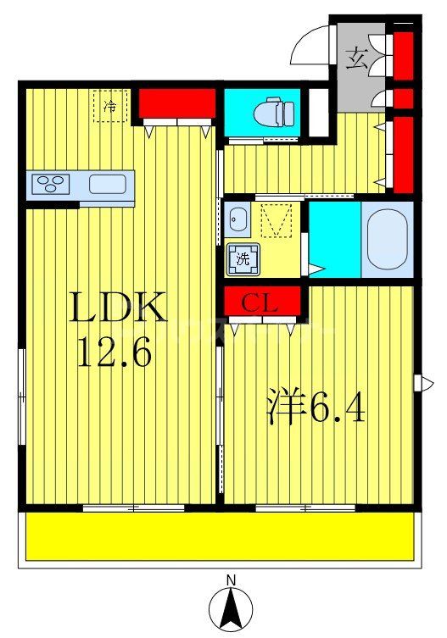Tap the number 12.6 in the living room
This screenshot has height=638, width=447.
point(114,352)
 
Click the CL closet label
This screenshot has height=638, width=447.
point(262,302)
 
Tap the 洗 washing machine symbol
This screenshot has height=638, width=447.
point(242,259)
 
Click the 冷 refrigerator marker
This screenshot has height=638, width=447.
point(110,107)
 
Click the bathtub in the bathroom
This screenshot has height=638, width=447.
point(387,238)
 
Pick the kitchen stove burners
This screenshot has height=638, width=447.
point(53,183)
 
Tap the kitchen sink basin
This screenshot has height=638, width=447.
point(107,183)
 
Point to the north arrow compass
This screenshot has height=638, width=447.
point(231,608)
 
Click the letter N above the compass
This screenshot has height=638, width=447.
point(231,580)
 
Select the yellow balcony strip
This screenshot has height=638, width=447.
point(221,535)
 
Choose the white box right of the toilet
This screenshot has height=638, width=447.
point(317,111)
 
